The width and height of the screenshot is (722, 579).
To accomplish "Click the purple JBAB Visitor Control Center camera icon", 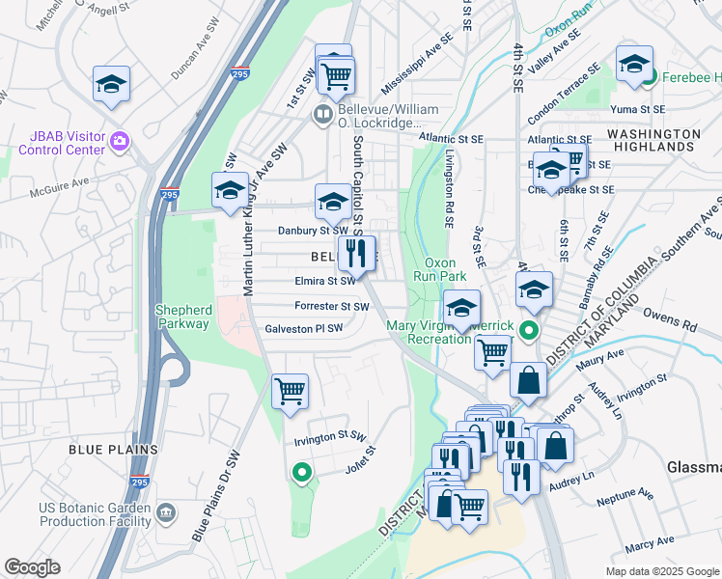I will pyautogui.click(x=119, y=142).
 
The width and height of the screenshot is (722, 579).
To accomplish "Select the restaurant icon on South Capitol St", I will pyautogui.click(x=356, y=254).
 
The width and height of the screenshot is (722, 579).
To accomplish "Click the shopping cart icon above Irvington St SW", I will pyautogui.click(x=290, y=392).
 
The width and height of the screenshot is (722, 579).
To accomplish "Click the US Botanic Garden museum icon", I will pyautogui.click(x=165, y=510).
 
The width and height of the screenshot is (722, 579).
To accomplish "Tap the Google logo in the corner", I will pyautogui.click(x=33, y=567).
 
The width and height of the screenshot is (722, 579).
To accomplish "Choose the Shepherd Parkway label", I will pyautogui.click(x=182, y=317).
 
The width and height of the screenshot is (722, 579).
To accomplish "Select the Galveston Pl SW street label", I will pyautogui.click(x=304, y=329).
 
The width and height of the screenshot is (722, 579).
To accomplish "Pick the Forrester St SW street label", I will pyautogui.click(x=332, y=306).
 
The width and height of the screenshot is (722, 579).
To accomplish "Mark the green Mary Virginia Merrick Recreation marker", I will pyautogui.click(x=529, y=331).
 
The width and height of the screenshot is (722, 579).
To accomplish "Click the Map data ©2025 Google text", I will pyautogui.click(x=661, y=571).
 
